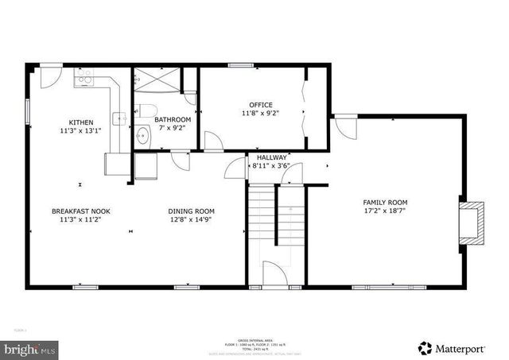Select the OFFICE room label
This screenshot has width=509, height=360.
[260, 105]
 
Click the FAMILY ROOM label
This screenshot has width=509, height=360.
[391, 203]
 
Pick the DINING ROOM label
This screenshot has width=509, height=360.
[191, 211]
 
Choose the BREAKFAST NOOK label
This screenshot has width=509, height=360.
[80, 211]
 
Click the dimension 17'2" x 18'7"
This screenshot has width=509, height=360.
[391, 212]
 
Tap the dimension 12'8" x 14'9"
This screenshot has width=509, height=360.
[191, 221]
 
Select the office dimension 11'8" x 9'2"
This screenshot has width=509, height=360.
[260, 114]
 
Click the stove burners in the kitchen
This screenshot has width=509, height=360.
[84, 77]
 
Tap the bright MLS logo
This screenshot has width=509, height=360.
[30, 348]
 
